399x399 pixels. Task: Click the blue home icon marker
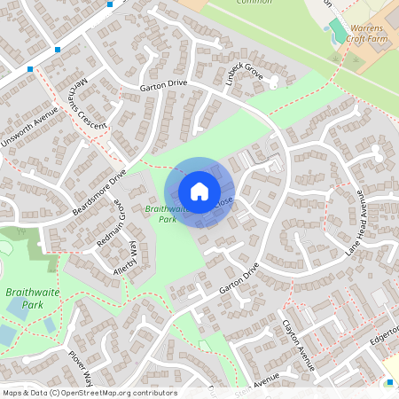pos(199,191)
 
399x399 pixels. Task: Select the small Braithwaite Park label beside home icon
pos(161,214)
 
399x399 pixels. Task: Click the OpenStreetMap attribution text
pos(89,392)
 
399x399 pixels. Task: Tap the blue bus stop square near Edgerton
pos(390,382)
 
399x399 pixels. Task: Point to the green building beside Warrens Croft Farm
pos(338,33)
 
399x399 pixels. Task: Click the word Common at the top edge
pos(254,3)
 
